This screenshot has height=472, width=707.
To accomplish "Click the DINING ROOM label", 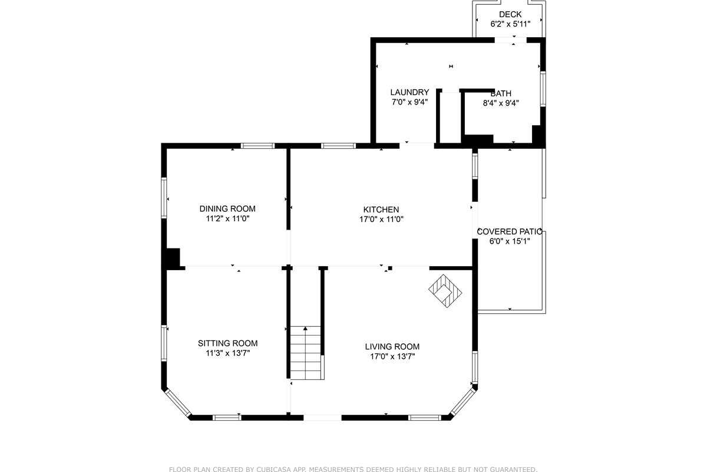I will point(227,209).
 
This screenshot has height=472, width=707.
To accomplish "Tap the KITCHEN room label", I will point(381,209).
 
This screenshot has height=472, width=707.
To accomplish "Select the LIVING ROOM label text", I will point(392,347).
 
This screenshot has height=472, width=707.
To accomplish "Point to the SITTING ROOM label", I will point(227,343).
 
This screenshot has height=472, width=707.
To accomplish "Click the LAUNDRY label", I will point(409,93).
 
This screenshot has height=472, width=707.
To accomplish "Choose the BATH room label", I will point(501,93).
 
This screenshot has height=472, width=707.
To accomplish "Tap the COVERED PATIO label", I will point(509,232).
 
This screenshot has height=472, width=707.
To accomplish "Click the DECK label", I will point(510,15).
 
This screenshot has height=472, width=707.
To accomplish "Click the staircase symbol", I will point(306,352).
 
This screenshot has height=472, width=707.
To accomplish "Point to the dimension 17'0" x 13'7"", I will point(392,356).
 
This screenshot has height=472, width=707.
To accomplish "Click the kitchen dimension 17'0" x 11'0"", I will point(381,219).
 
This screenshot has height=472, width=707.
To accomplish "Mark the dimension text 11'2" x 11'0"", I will point(227,218).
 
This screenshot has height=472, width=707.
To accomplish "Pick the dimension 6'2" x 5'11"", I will point(510,24).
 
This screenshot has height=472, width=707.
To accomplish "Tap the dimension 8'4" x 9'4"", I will point(501,103).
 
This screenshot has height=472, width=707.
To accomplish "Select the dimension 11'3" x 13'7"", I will point(227,353).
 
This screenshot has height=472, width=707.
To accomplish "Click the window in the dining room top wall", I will point(257,146).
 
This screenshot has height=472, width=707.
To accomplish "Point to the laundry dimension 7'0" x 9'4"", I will point(409,102).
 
